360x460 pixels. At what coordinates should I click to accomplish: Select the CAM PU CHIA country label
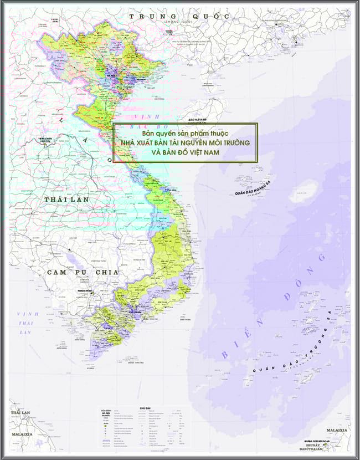click(83, 272)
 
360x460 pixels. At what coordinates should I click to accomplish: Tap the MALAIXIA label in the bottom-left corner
click(23, 434)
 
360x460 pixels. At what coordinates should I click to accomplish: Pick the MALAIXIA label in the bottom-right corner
click(337, 430)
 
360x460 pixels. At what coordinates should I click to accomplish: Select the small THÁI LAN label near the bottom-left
click(22, 413)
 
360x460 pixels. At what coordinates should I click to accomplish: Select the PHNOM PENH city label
click(85, 290)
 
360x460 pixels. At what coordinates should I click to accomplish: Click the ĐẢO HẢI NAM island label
click(197, 120)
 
